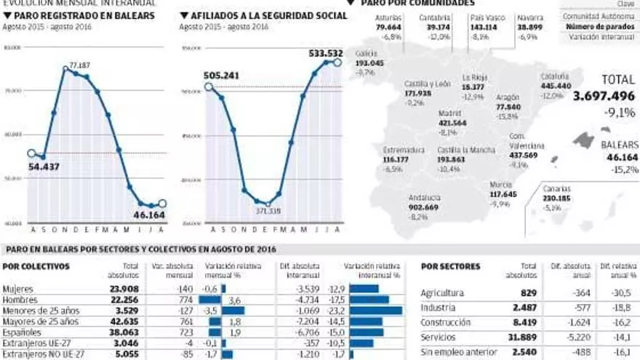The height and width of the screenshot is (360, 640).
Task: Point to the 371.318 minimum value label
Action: (268, 211)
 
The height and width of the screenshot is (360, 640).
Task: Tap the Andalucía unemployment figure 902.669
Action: (423, 207)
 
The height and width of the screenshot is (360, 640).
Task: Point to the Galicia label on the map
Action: (367, 54)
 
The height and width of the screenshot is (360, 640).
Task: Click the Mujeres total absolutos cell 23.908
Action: (119, 289)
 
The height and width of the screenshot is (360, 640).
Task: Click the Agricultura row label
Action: (444, 293)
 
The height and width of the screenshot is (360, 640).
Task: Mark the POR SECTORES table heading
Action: (451, 266)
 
